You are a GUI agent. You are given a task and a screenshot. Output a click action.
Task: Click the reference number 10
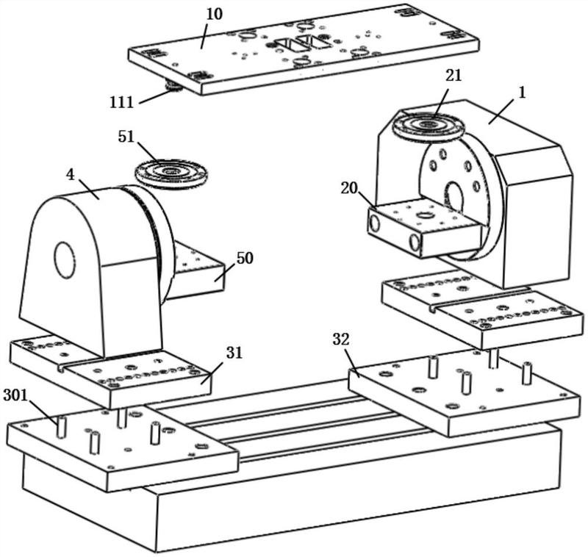[215, 14]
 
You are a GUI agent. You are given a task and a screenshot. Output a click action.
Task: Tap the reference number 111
[121, 102]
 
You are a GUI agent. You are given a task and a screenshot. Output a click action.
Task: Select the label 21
[453, 76]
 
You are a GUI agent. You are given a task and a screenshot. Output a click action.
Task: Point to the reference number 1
[522, 93]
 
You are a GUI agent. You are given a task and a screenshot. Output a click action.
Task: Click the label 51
[126, 137]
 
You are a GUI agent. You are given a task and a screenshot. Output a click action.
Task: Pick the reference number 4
[70, 174]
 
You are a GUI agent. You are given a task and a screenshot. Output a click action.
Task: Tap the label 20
[349, 188]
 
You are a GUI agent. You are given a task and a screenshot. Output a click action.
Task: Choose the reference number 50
[245, 258]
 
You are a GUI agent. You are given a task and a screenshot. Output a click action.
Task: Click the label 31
[234, 353]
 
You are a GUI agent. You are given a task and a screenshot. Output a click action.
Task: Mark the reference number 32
[341, 339]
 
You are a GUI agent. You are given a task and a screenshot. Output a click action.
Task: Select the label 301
[15, 395]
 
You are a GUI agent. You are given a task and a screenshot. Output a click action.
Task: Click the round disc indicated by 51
[171, 173]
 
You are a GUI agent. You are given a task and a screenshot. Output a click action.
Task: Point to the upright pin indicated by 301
[61, 426]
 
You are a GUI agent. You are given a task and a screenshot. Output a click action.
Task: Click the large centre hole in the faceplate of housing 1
[454, 198]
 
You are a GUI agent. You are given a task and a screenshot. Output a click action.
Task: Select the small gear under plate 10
[173, 87]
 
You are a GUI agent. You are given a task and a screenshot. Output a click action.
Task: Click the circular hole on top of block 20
[424, 216]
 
